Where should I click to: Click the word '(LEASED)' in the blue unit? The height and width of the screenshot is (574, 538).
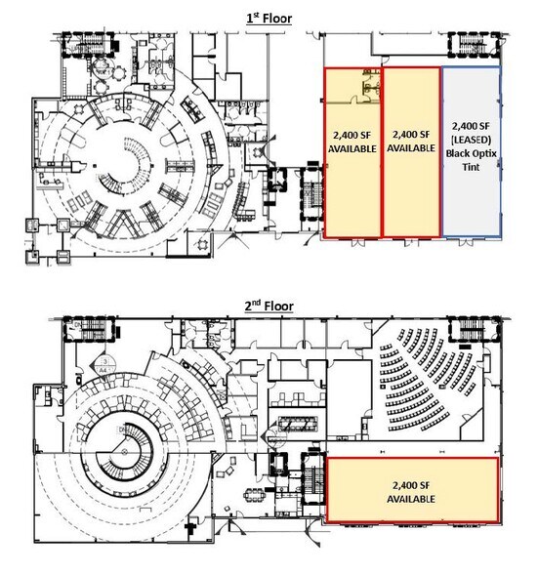coord(473,140)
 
